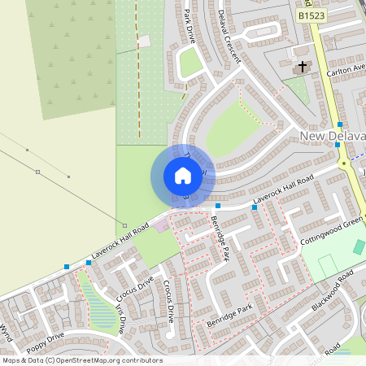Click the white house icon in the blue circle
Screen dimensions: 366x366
pos(182,175)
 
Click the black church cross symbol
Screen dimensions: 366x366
pos(303,66)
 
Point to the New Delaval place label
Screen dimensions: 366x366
pos(332,135)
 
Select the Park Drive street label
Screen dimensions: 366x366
pos(191,25)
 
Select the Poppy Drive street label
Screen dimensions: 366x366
pos(46,339)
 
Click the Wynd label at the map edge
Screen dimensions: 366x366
pos(7,331)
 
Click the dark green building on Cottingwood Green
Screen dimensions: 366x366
pos(359,247)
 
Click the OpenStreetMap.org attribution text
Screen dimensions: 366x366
pos(97,360)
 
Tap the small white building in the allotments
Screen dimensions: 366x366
pos(145,41)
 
